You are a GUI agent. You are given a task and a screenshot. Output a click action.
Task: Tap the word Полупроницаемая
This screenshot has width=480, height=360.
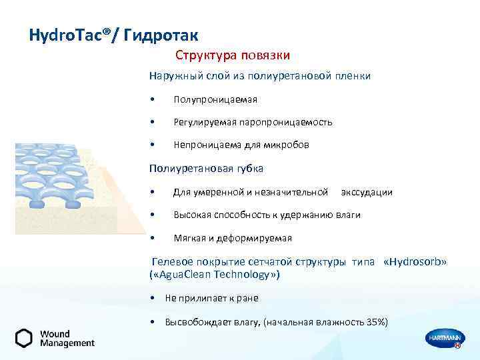pyautogui.click(x=215, y=99)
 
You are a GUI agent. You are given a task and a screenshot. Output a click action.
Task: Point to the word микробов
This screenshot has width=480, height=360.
pyautogui.click(x=289, y=145)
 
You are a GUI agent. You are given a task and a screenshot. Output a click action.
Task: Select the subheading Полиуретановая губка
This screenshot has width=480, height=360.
pyautogui.click(x=206, y=168)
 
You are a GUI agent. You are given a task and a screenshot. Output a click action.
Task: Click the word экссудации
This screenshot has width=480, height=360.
pyautogui.click(x=366, y=192)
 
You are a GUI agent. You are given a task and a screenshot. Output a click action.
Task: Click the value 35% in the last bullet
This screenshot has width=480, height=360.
pyautogui.click(x=374, y=322)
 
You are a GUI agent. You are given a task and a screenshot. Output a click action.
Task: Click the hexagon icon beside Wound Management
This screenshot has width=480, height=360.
pyautogui.click(x=24, y=338)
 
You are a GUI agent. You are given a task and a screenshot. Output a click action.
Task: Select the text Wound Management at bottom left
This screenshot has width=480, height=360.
pyautogui.click(x=67, y=338)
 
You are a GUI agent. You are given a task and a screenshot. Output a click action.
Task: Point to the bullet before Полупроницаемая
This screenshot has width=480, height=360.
pyautogui.click(x=153, y=100)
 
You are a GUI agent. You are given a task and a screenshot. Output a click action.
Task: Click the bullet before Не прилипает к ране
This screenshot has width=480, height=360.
pyautogui.click(x=154, y=298)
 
